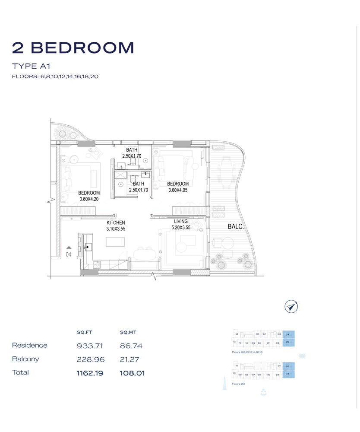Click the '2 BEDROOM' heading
(73, 48)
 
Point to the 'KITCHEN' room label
(116, 223)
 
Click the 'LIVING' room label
(181, 222)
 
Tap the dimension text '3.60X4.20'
(89, 199)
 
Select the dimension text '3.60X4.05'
(178, 190)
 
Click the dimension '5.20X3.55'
(181, 228)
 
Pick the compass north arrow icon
(292, 306)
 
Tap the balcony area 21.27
(131, 359)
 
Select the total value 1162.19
(90, 373)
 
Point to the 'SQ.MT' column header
(128, 333)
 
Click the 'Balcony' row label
(25, 359)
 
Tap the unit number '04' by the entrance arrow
(68, 254)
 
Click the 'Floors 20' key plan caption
(238, 384)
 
